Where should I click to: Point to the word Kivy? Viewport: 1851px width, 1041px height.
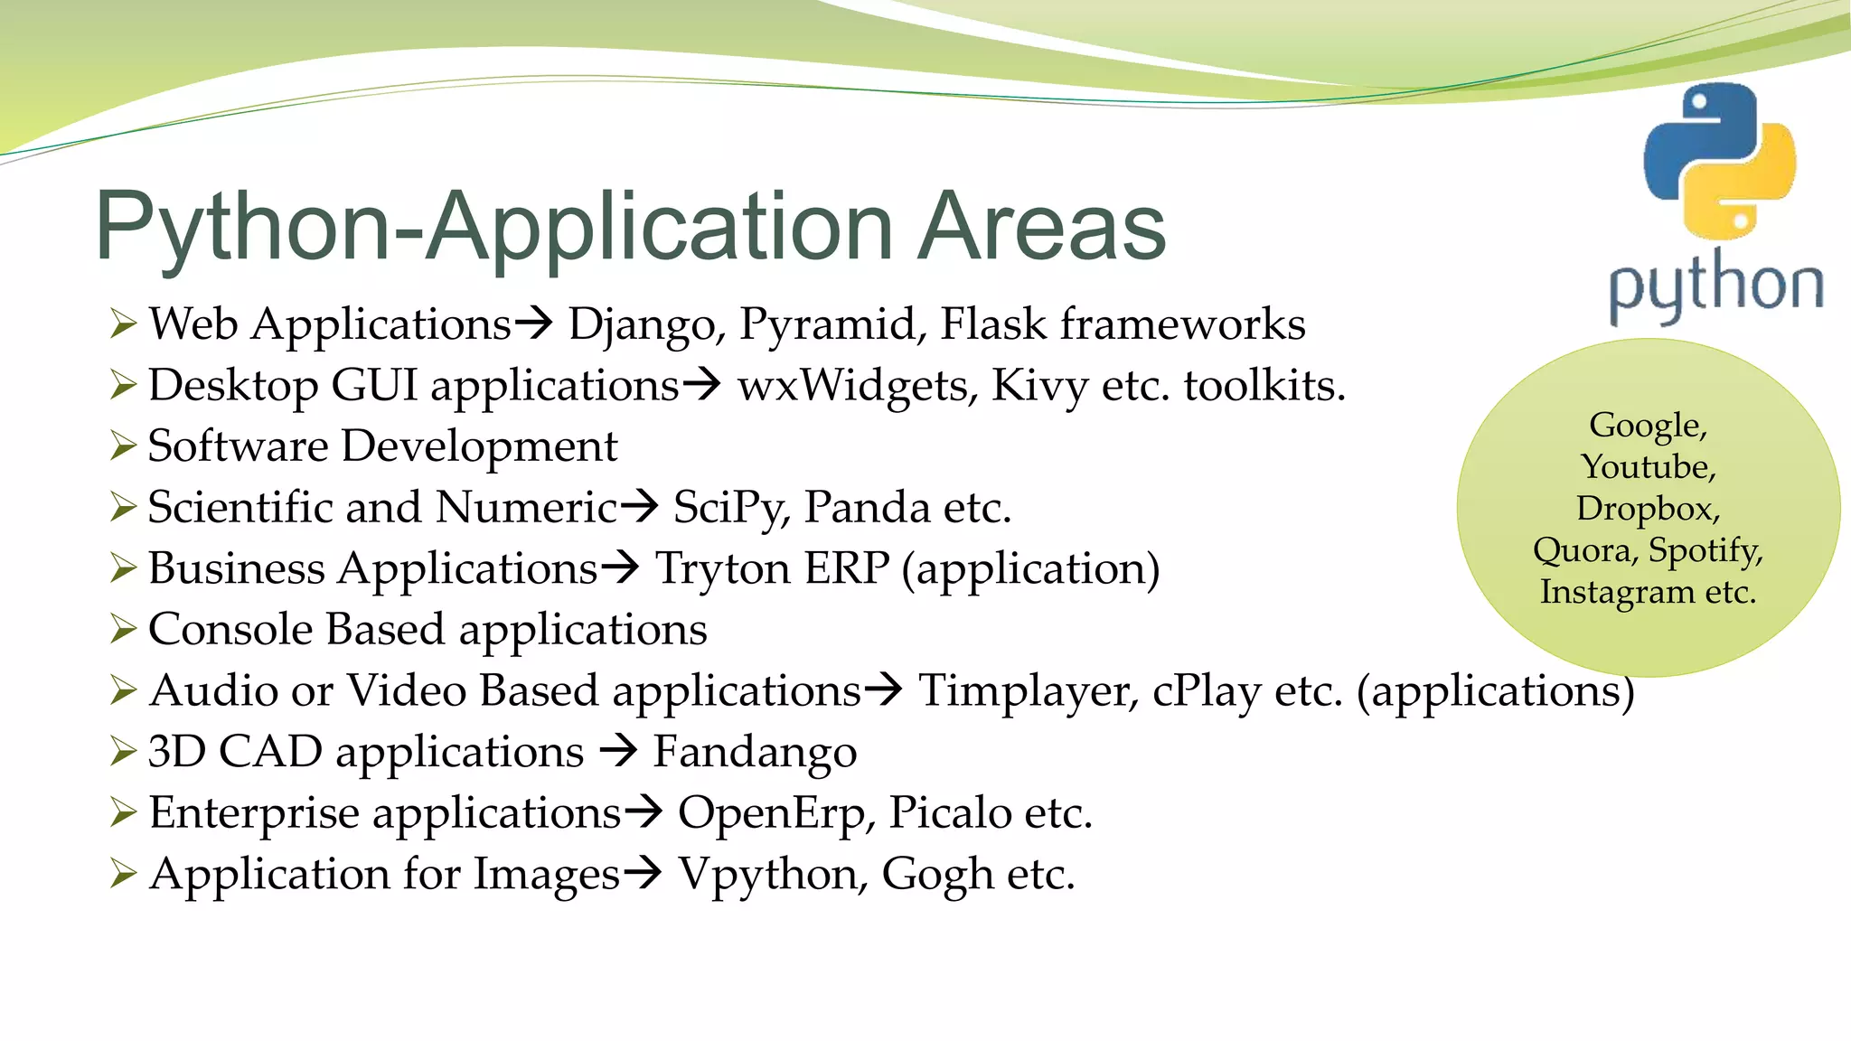1039,386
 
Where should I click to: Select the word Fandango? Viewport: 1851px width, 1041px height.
755,752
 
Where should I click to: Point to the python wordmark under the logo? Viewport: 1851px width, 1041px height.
1715,287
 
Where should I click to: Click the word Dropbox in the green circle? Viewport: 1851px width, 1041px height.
1647,508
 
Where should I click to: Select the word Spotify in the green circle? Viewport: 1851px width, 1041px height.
1705,549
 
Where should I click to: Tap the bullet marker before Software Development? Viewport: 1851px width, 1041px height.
122,445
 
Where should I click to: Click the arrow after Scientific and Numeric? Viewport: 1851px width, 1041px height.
640,505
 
